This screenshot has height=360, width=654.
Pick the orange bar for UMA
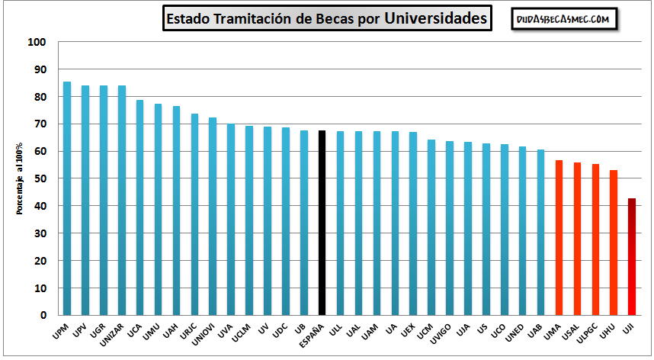tap(559, 237)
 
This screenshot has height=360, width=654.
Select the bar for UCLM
tap(249, 220)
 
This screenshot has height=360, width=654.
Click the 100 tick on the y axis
tap(38, 43)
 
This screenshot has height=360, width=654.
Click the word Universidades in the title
tap(435, 18)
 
